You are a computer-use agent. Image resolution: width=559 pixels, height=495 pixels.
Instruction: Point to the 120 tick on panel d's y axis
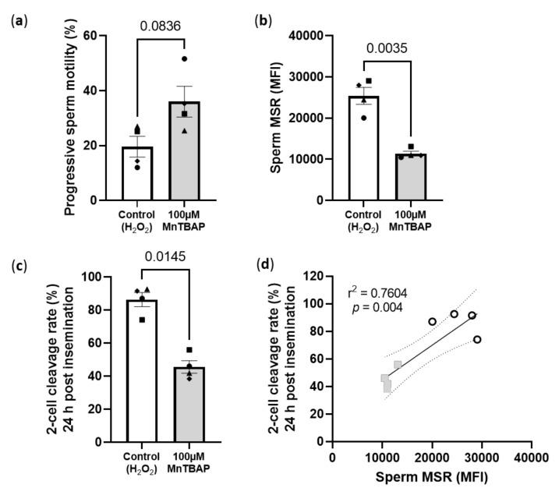pyautogui.click(x=316, y=276)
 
